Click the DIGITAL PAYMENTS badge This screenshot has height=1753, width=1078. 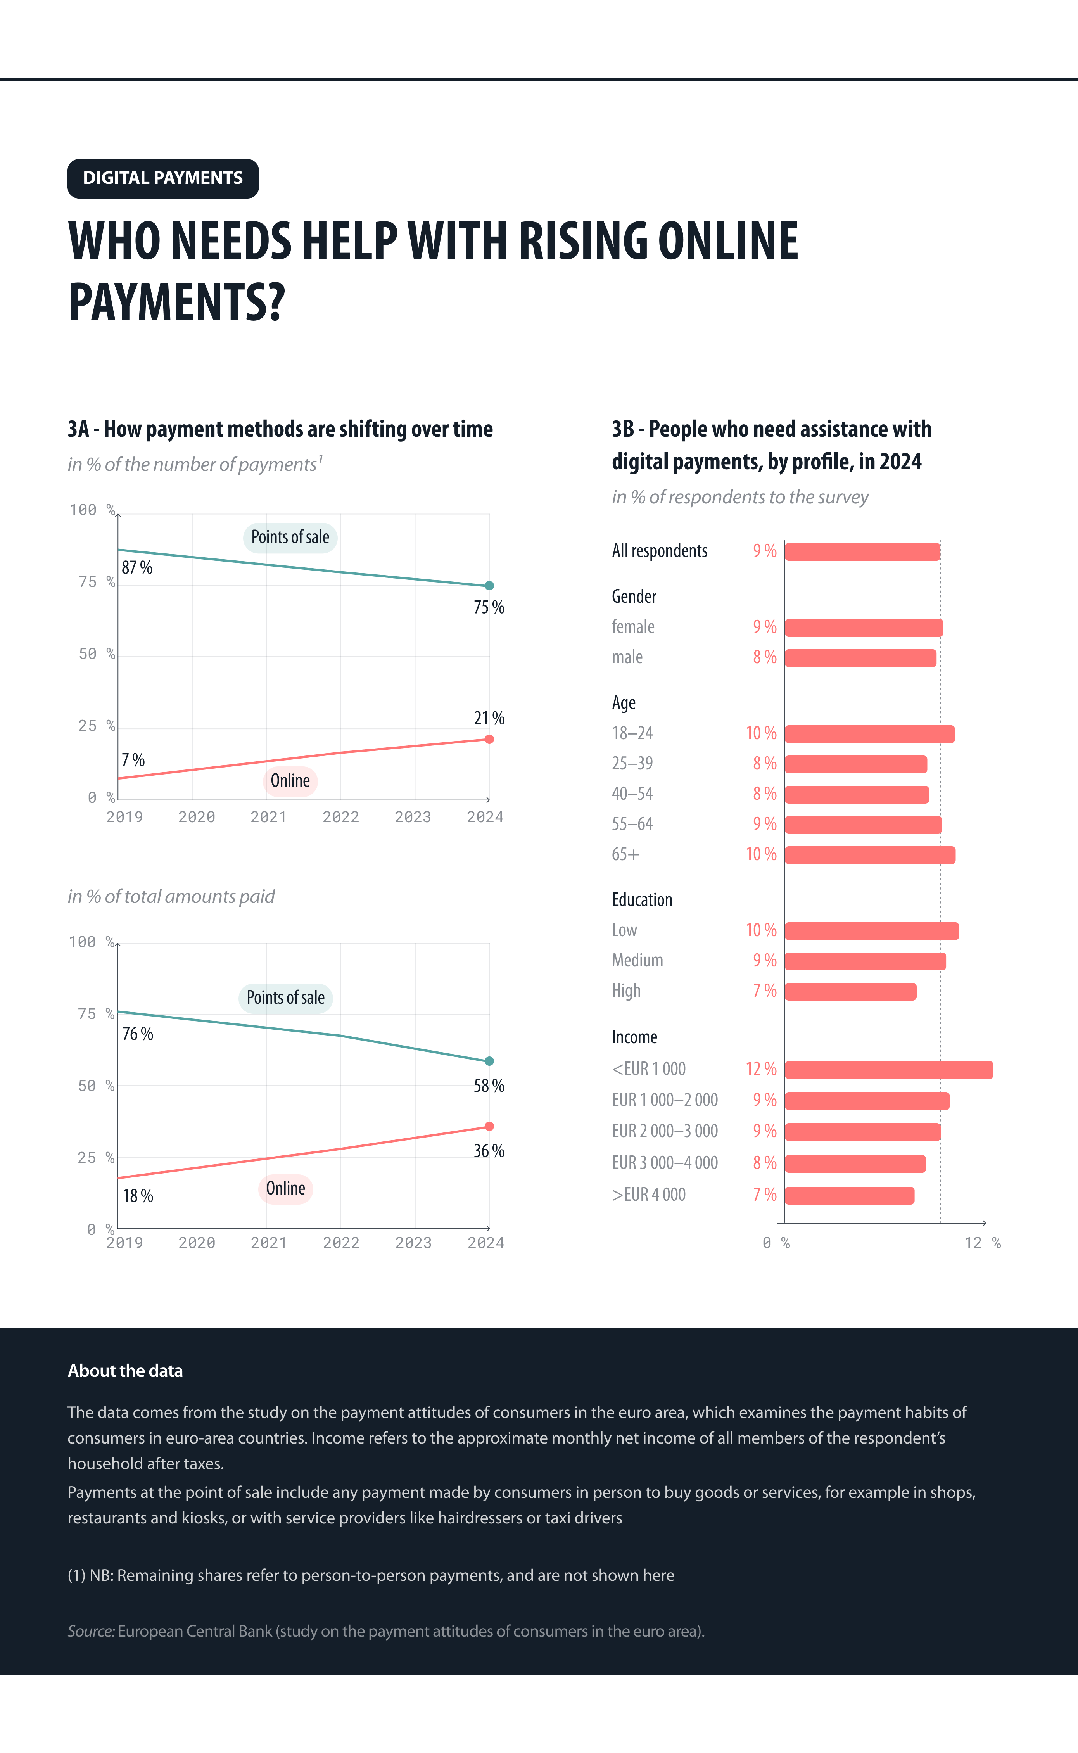pos(162,178)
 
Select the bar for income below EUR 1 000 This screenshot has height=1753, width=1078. pos(888,1069)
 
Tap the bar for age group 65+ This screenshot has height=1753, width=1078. pos(870,855)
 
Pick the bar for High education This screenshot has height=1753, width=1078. pos(850,991)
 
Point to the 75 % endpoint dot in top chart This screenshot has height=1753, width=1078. pos(489,585)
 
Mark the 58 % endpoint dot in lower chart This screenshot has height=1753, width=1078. pos(489,1061)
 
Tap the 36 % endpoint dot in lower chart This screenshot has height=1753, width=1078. pos(489,1126)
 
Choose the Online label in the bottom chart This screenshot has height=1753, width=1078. pos(285,1188)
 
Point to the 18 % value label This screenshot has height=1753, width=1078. pos(138,1196)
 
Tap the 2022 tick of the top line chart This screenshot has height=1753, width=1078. pos(341,817)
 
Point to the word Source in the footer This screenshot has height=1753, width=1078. pos(91,1631)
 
